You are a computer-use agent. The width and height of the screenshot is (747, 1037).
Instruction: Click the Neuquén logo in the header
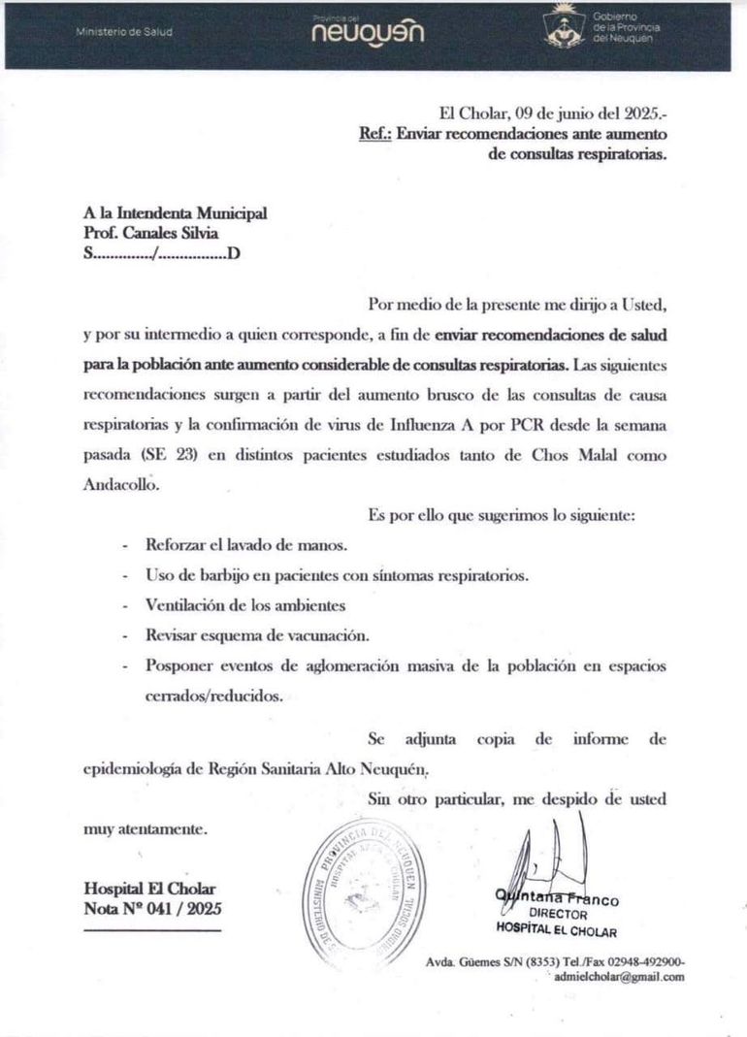368,32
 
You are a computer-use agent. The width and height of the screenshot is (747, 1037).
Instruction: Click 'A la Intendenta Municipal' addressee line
175,213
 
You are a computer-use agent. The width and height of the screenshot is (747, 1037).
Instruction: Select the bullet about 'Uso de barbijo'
337,574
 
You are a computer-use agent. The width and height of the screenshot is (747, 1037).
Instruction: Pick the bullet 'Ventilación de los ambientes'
244,605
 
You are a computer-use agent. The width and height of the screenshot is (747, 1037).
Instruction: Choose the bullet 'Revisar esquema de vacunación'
257,635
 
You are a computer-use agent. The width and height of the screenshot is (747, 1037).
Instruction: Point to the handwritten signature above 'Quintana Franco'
549,855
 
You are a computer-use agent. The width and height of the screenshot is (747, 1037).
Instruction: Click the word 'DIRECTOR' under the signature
558,915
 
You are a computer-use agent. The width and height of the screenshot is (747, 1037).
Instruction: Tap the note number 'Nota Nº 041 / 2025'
152,909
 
